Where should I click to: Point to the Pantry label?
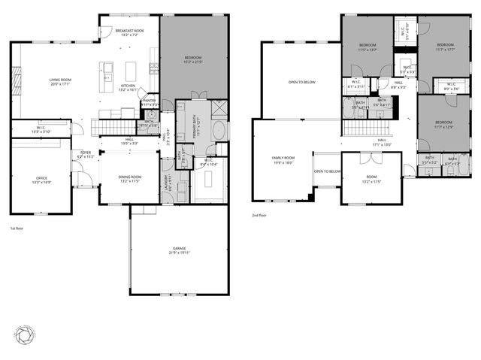(x=149, y=102)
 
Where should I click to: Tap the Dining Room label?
(x=130, y=179)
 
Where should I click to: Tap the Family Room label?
(x=283, y=160)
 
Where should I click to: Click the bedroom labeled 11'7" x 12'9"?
(x=443, y=124)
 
